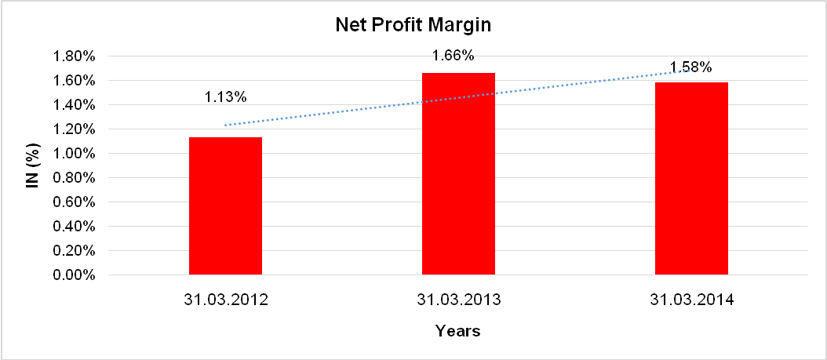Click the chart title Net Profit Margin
point(413,25)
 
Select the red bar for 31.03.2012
point(225,206)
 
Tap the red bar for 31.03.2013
point(458,174)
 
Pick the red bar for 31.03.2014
point(691,179)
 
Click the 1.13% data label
point(226,97)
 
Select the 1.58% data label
point(690,67)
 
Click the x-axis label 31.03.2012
point(225,300)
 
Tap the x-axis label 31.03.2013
point(458,300)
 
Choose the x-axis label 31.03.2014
point(691,300)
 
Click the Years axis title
point(458,331)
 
